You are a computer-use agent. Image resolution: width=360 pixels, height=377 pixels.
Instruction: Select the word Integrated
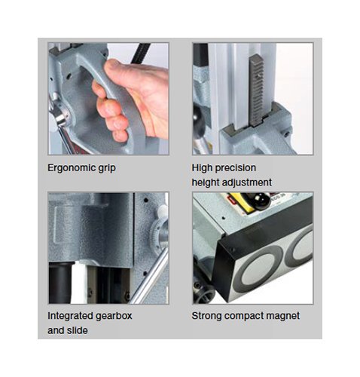tap(72, 315)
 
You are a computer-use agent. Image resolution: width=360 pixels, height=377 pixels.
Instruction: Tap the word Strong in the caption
tap(206, 315)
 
